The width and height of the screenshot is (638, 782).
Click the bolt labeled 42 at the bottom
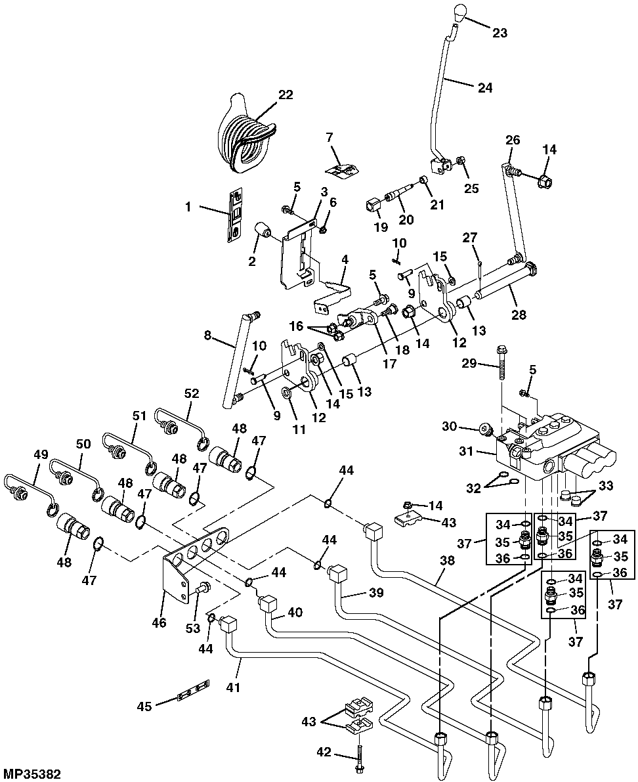tap(360, 754)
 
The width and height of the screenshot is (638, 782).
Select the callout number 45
tap(144, 706)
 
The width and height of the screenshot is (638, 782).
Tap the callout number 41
tap(234, 687)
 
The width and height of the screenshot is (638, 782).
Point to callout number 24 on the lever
tap(484, 87)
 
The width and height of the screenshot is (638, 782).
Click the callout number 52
tap(191, 393)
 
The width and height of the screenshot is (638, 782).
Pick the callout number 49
tap(41, 454)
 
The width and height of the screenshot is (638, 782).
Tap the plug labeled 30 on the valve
tap(487, 430)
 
